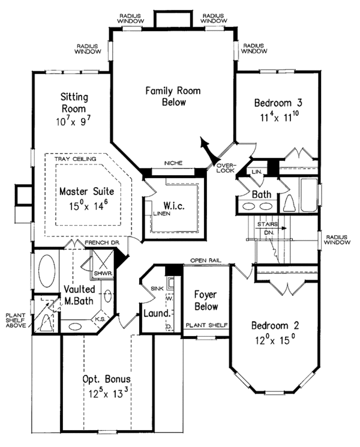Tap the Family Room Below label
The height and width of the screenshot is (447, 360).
(173, 96)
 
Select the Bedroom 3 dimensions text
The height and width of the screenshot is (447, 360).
(274, 118)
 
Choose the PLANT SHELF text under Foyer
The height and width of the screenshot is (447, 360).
(206, 325)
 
